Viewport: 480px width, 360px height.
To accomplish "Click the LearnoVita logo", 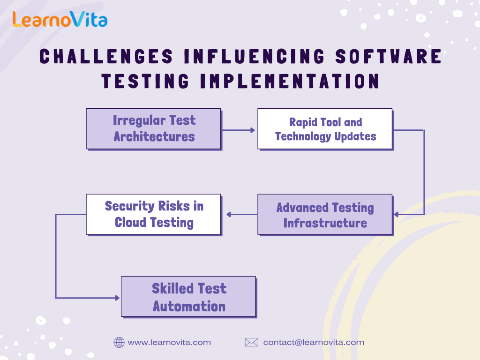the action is (x=60, y=19).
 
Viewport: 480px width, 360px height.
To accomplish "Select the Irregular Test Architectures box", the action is (x=154, y=129).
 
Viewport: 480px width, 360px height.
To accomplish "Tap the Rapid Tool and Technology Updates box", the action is (x=325, y=129).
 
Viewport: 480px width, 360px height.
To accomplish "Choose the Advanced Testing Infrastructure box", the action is (x=325, y=215).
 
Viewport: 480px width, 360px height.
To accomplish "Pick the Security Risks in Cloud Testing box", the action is (x=154, y=215).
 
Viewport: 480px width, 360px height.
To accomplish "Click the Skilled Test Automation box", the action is (x=189, y=297).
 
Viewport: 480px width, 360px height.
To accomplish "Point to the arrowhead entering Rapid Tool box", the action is (x=253, y=130).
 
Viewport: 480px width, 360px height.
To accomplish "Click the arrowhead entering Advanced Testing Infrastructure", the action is (x=396, y=214).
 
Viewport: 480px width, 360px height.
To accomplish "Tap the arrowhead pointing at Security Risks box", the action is (x=229, y=214).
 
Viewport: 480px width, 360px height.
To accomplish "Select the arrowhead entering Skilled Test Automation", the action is (x=117, y=298).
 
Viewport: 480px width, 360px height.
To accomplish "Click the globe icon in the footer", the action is (x=119, y=342).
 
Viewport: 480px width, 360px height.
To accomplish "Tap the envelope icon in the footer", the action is (x=252, y=342).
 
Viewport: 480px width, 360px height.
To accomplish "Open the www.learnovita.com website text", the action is (x=169, y=342).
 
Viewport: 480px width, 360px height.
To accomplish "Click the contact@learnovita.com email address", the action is (x=314, y=342).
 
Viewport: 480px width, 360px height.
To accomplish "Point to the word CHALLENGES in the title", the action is (x=106, y=56).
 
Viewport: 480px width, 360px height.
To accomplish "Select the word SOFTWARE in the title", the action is (x=389, y=56).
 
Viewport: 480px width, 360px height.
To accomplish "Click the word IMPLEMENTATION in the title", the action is (x=290, y=81).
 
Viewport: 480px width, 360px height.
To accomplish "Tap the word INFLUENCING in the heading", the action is (x=254, y=56).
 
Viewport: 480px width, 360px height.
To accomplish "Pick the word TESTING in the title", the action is (x=145, y=81).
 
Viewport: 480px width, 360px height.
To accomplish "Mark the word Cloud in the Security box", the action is (x=130, y=222).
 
